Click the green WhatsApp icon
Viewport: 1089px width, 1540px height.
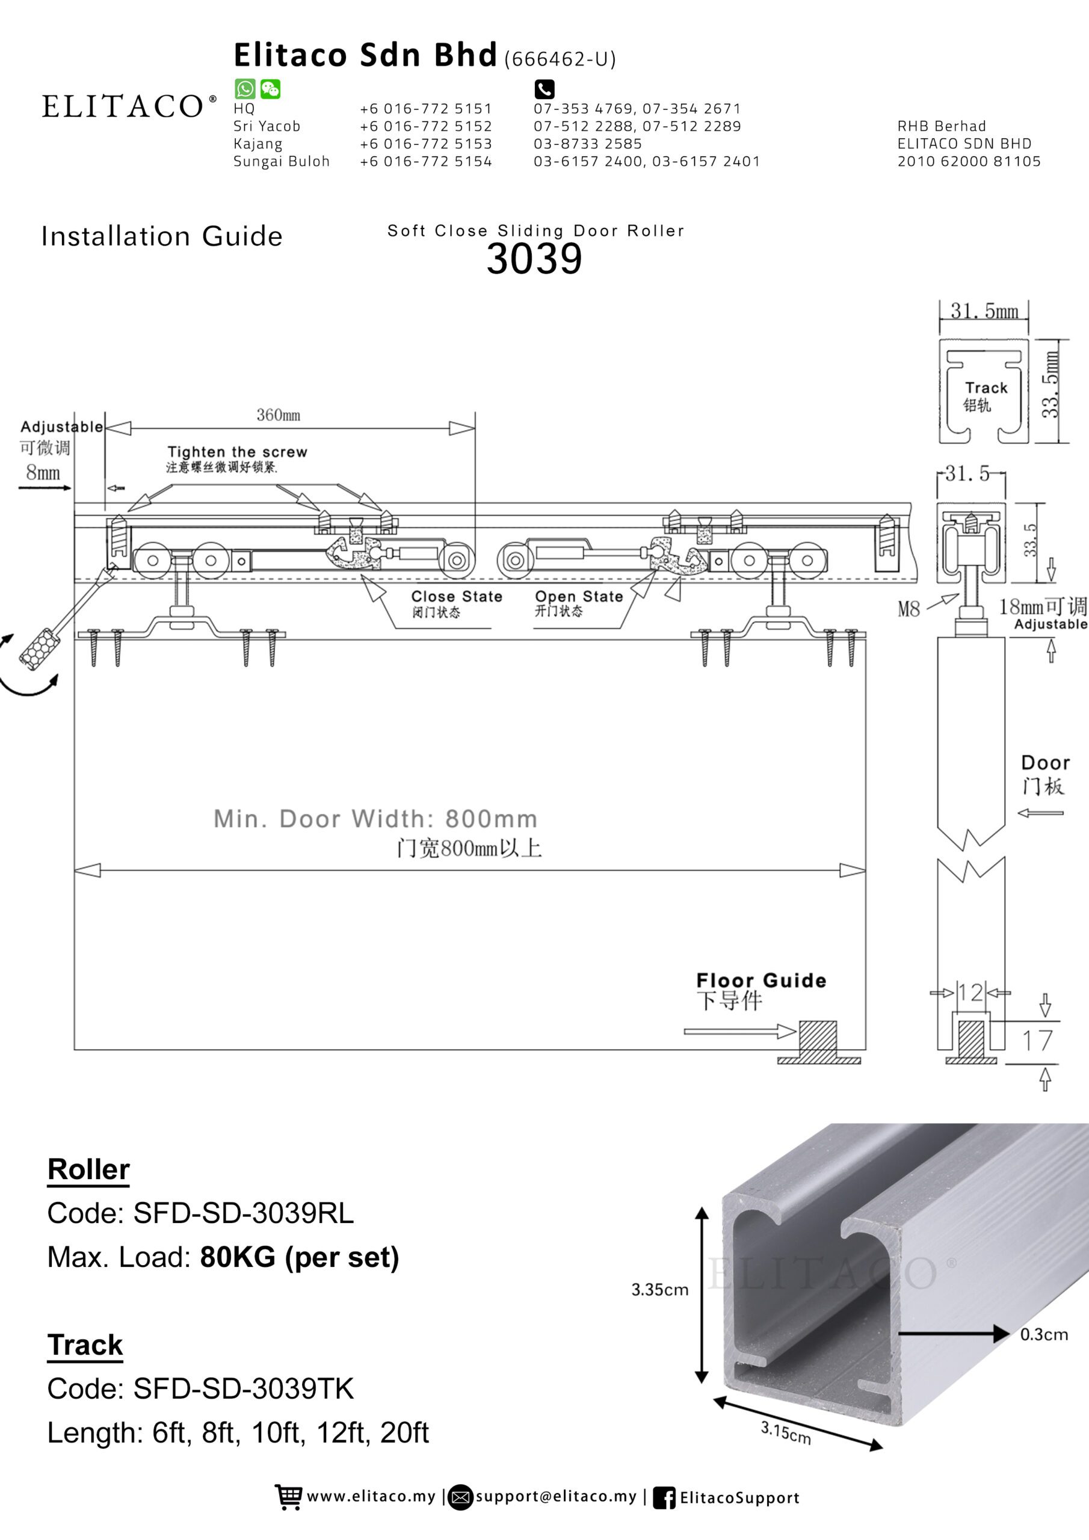(244, 88)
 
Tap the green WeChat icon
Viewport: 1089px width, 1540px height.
(270, 88)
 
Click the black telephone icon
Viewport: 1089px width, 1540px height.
(544, 88)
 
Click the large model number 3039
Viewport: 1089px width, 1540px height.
(534, 259)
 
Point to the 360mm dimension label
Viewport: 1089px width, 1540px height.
(279, 415)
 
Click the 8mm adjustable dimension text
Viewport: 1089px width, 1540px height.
(43, 472)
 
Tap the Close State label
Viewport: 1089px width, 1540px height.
(456, 596)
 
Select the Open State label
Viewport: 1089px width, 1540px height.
(578, 596)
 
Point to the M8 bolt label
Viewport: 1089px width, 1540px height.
(909, 609)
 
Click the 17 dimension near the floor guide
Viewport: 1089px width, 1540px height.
(1037, 1040)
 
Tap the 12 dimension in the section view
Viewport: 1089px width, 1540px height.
(970, 992)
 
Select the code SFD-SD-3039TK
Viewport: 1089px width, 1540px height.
(244, 1388)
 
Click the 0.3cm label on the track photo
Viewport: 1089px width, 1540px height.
(1044, 1334)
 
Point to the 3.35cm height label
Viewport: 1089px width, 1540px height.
(659, 1289)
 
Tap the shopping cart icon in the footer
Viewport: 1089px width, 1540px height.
(289, 1497)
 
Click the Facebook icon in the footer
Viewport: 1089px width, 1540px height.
(664, 1498)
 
